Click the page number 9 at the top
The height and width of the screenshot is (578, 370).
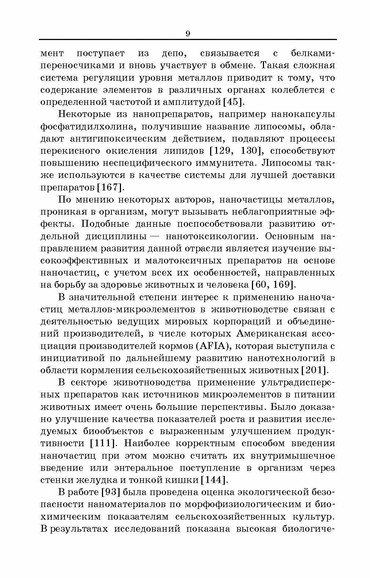(x=188, y=34)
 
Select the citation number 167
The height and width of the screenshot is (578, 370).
(x=109, y=187)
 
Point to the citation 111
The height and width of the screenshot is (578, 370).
(x=103, y=443)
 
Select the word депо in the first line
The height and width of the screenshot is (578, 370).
(x=174, y=53)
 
